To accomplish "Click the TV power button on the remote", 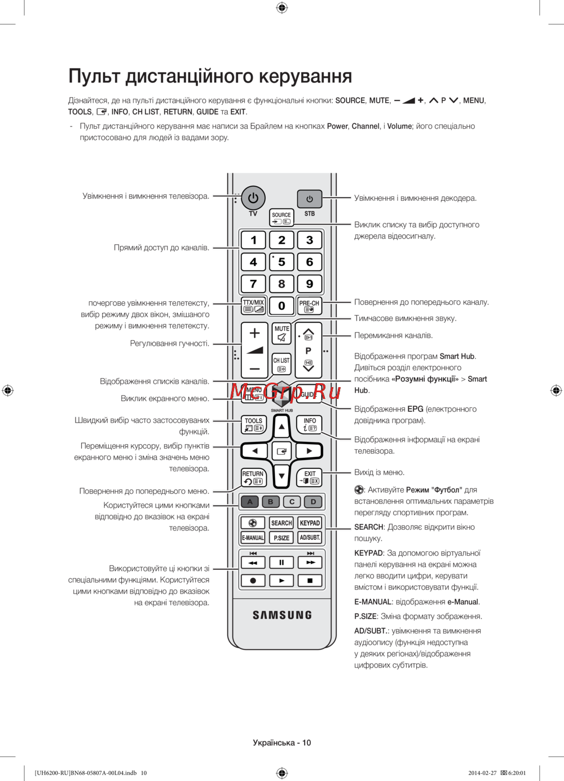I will tap(253, 198).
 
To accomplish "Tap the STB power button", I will tap(310, 199).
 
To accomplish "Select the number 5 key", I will tap(281, 262).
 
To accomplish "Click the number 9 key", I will tap(310, 284).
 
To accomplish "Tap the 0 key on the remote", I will tap(281, 306).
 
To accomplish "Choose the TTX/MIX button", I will tap(253, 306).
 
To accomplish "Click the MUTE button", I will tap(281, 334).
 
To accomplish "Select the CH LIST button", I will tap(281, 365).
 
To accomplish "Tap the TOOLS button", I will tap(253, 424).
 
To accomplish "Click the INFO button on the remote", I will tap(310, 424).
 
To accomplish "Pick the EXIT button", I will tap(310, 477).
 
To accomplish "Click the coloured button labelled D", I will tap(313, 501).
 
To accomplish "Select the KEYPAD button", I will tap(310, 523).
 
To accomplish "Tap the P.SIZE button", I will tap(281, 538).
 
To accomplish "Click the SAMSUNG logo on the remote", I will tap(282, 615).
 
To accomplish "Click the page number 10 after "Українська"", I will tap(306, 743).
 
